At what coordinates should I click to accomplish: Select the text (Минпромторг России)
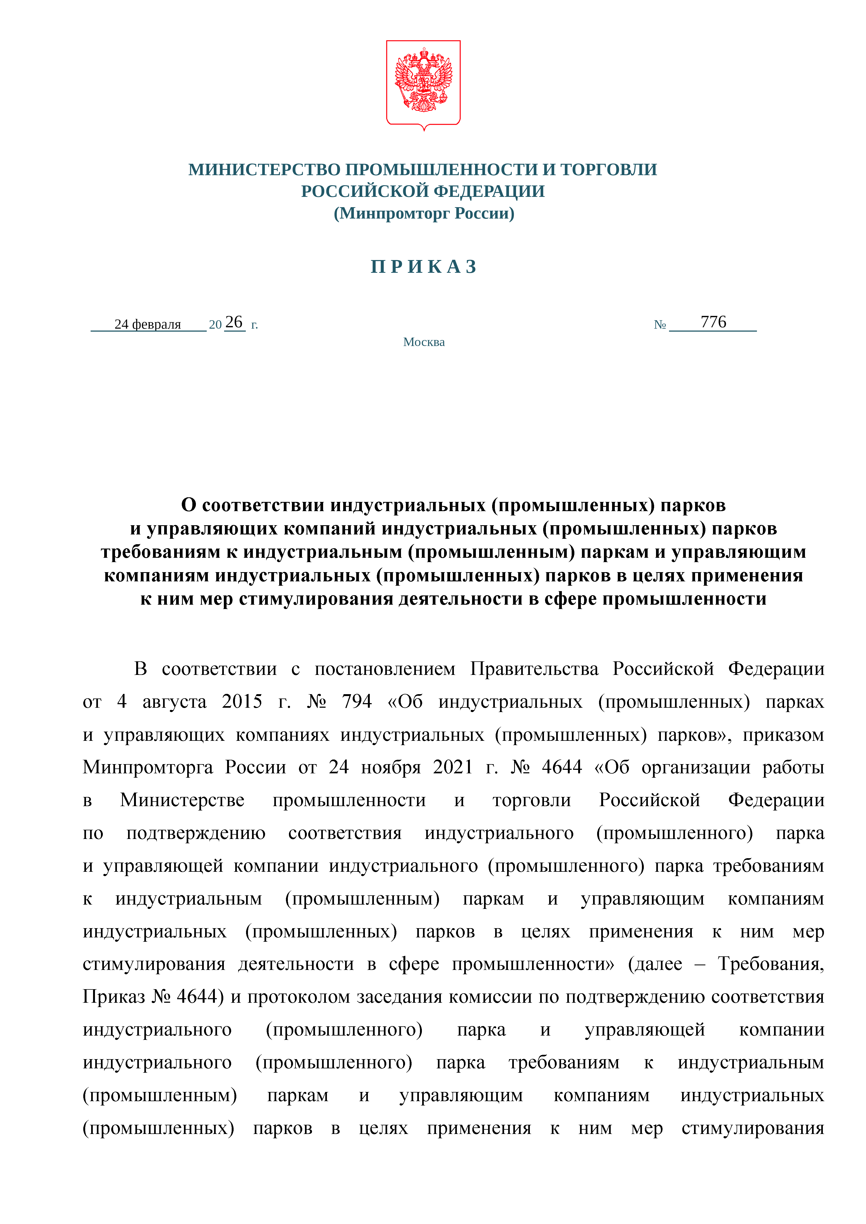click(x=424, y=213)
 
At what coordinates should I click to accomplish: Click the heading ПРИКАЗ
click(x=424, y=267)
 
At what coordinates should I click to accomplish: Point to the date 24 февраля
click(x=148, y=324)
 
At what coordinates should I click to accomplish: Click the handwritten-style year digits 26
click(x=234, y=322)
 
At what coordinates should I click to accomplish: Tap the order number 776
click(x=713, y=322)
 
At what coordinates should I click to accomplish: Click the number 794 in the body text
click(x=357, y=701)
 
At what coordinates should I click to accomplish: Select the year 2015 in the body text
click(x=242, y=701)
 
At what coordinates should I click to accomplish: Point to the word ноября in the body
click(x=391, y=767)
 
